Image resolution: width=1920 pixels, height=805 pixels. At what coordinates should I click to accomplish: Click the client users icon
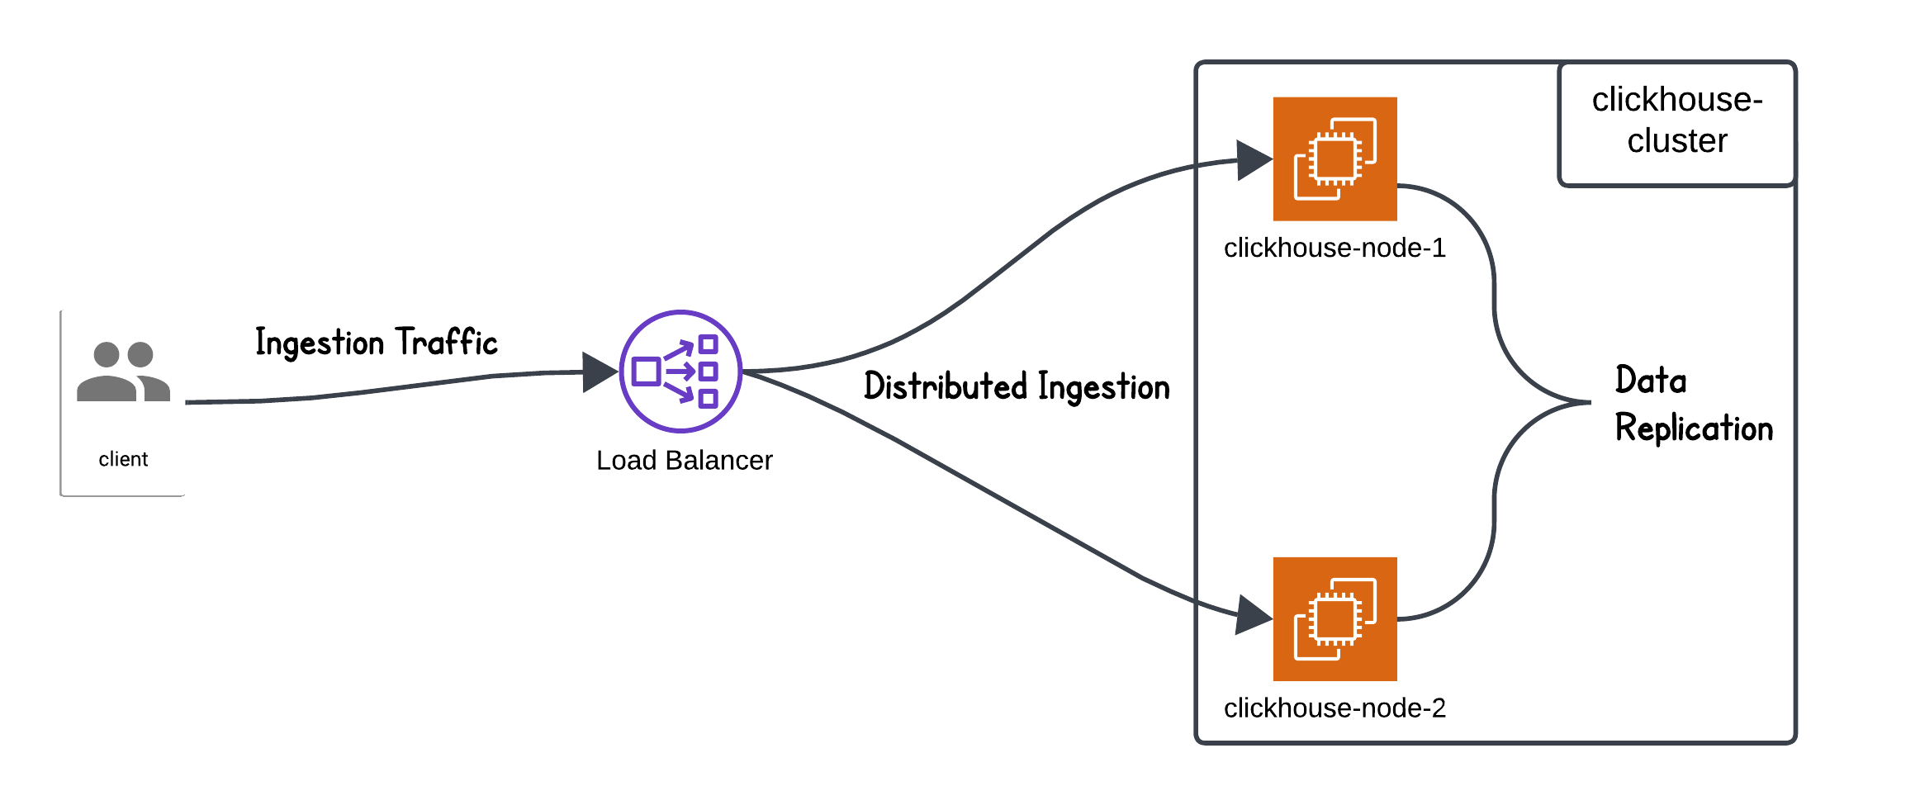123,372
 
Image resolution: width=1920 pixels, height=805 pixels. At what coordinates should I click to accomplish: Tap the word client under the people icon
123,459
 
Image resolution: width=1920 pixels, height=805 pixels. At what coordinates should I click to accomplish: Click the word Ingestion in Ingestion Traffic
320,343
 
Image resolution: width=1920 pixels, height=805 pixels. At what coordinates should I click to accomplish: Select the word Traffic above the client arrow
446,342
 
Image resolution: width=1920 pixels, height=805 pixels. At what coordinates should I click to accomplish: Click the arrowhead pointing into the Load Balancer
599,372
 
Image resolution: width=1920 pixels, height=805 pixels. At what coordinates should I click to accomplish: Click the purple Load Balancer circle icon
680,372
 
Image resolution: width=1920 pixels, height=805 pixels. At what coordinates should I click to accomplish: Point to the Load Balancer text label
684,460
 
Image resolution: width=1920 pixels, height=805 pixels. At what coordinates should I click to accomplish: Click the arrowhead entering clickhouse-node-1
1253,160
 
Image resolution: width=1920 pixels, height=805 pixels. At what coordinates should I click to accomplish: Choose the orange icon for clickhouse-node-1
1335,159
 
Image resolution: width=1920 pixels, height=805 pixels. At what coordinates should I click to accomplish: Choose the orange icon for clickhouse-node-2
1335,619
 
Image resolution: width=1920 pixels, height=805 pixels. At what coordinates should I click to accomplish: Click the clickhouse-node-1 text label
1335,248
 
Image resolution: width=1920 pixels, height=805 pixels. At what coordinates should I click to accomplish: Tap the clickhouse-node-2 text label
1335,708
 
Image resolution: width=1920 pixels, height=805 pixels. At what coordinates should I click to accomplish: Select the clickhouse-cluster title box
1676,122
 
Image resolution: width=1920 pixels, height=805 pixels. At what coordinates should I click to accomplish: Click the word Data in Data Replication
1650,381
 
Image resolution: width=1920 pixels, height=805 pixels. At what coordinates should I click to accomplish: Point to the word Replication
1694,428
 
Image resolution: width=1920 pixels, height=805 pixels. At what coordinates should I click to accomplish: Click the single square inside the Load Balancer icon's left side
646,372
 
